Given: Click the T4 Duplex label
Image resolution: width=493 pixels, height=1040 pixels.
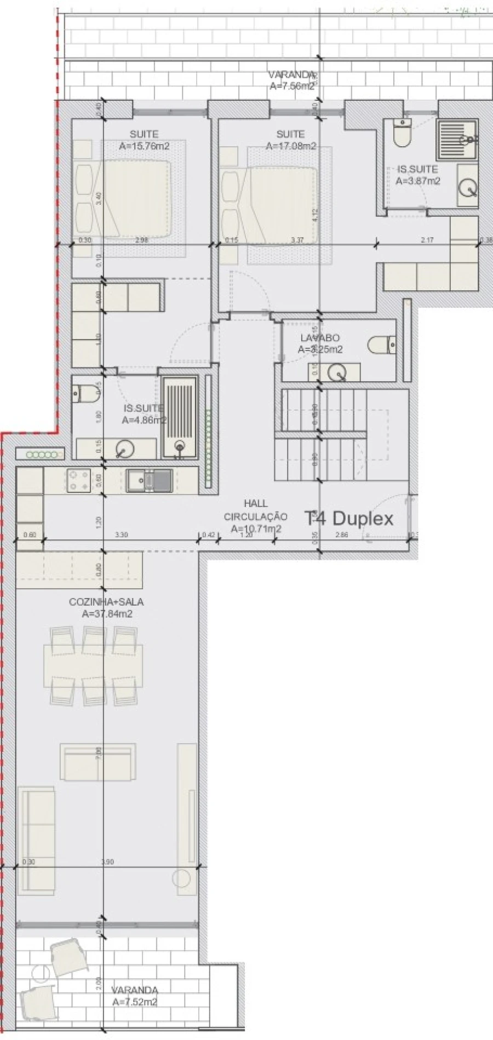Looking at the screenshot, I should pyautogui.click(x=349, y=518).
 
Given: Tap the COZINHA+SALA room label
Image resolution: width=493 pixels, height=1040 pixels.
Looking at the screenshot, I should pyautogui.click(x=106, y=602).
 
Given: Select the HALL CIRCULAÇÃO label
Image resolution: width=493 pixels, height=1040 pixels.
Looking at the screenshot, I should pyautogui.click(x=255, y=510).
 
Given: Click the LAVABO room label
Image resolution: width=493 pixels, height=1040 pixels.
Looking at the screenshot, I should pyautogui.click(x=320, y=338).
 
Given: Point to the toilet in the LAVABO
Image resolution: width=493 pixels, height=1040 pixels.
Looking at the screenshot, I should pyautogui.click(x=381, y=345).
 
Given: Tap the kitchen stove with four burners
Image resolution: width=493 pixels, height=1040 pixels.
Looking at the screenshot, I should pyautogui.click(x=78, y=481).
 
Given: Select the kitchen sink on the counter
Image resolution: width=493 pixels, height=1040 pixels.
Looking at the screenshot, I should pyautogui.click(x=149, y=481).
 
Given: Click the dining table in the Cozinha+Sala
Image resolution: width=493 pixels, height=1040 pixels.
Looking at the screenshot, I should pyautogui.click(x=94, y=666).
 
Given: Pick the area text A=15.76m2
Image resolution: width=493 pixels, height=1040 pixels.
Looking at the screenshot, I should pyautogui.click(x=144, y=146).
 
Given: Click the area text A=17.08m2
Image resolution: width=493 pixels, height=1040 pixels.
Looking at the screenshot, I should pyautogui.click(x=291, y=146).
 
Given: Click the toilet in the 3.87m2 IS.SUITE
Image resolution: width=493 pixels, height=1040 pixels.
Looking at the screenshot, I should pyautogui.click(x=402, y=134).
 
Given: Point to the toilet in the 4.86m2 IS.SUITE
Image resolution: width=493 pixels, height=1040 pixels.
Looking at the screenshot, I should pyautogui.click(x=83, y=393).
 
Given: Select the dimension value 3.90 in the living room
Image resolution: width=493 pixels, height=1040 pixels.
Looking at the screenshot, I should pyautogui.click(x=107, y=862).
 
